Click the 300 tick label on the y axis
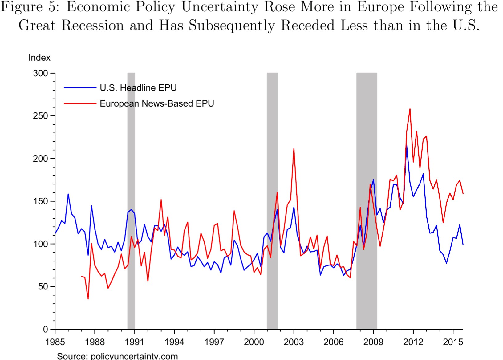coord(40,73)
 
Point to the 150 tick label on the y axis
coord(40,201)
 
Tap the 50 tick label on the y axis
coord(43,287)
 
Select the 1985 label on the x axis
coord(55,342)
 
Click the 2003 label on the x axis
coord(294,342)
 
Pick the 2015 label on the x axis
coord(453,342)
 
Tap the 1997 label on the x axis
coord(214,342)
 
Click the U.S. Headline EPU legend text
coord(138,88)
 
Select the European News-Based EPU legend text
coord(157,103)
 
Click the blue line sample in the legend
coord(80,88)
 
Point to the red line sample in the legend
coord(80,103)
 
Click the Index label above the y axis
coord(39,58)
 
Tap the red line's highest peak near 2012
coord(410,109)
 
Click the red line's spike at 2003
coord(294,149)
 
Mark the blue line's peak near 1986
coord(68,194)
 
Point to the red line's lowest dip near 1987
coord(88,299)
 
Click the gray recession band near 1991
coord(131,200)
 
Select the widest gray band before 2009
coord(367,200)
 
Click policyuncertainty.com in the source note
coord(135,356)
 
